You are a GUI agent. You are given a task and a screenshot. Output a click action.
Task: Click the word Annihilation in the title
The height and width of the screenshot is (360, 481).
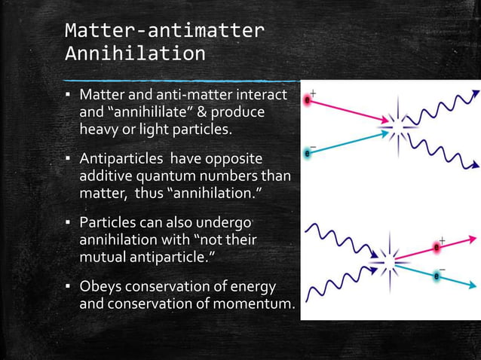(135, 54)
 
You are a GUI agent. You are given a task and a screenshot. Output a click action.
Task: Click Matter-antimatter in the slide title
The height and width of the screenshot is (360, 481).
(164, 30)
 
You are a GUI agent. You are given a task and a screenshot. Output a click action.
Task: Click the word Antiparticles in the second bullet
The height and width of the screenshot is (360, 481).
(121, 160)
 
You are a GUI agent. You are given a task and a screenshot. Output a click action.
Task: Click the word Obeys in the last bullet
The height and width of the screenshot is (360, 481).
(100, 288)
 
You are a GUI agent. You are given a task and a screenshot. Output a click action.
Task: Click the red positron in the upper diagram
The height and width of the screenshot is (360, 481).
(307, 99)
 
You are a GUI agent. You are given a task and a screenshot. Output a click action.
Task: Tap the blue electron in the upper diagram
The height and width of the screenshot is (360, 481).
(307, 154)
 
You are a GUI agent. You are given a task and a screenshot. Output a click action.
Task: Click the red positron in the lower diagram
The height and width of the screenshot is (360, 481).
(437, 247)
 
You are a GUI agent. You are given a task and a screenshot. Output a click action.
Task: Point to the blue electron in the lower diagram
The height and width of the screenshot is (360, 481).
(437, 276)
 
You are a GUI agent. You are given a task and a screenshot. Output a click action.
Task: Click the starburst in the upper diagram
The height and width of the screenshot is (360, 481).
(398, 124)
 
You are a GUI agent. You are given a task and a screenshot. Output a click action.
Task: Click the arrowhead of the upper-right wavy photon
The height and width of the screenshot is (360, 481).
(474, 94)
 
